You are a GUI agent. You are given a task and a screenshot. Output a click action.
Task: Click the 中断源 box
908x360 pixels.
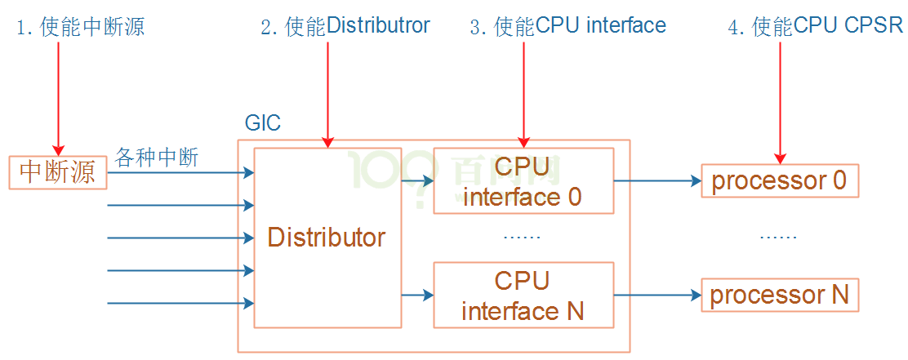[58, 172]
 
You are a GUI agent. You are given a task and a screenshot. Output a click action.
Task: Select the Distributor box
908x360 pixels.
[327, 238]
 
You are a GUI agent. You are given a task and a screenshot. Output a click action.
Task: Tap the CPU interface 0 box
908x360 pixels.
[523, 180]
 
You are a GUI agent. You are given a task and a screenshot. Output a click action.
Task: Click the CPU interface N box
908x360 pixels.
[523, 295]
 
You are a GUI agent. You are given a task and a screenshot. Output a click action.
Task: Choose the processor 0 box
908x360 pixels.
[779, 180]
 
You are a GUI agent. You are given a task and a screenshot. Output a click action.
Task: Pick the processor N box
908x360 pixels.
[779, 295]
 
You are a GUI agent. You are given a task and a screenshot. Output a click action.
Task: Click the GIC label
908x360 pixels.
[263, 124]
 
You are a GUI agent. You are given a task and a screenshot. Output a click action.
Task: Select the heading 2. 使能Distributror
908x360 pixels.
[345, 27]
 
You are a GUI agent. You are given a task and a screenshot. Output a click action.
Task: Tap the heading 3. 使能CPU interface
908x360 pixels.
[567, 27]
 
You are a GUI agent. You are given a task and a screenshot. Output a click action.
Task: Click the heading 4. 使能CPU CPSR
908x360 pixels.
[815, 27]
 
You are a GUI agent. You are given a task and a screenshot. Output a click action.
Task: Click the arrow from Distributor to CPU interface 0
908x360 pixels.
[417, 181]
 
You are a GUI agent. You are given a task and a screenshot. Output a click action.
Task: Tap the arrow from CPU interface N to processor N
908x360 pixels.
[657, 296]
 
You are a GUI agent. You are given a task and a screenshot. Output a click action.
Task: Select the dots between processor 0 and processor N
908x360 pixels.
[778, 237]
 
